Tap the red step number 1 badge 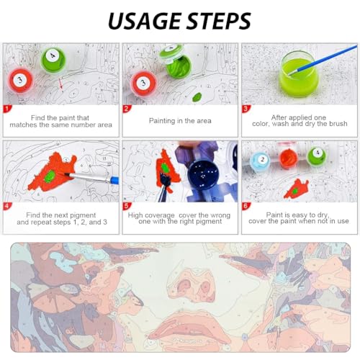[x=7, y=110]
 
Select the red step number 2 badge [x=127, y=110]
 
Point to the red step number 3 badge [x=246, y=110]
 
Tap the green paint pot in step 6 [x=315, y=156]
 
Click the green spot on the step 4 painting [x=52, y=174]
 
